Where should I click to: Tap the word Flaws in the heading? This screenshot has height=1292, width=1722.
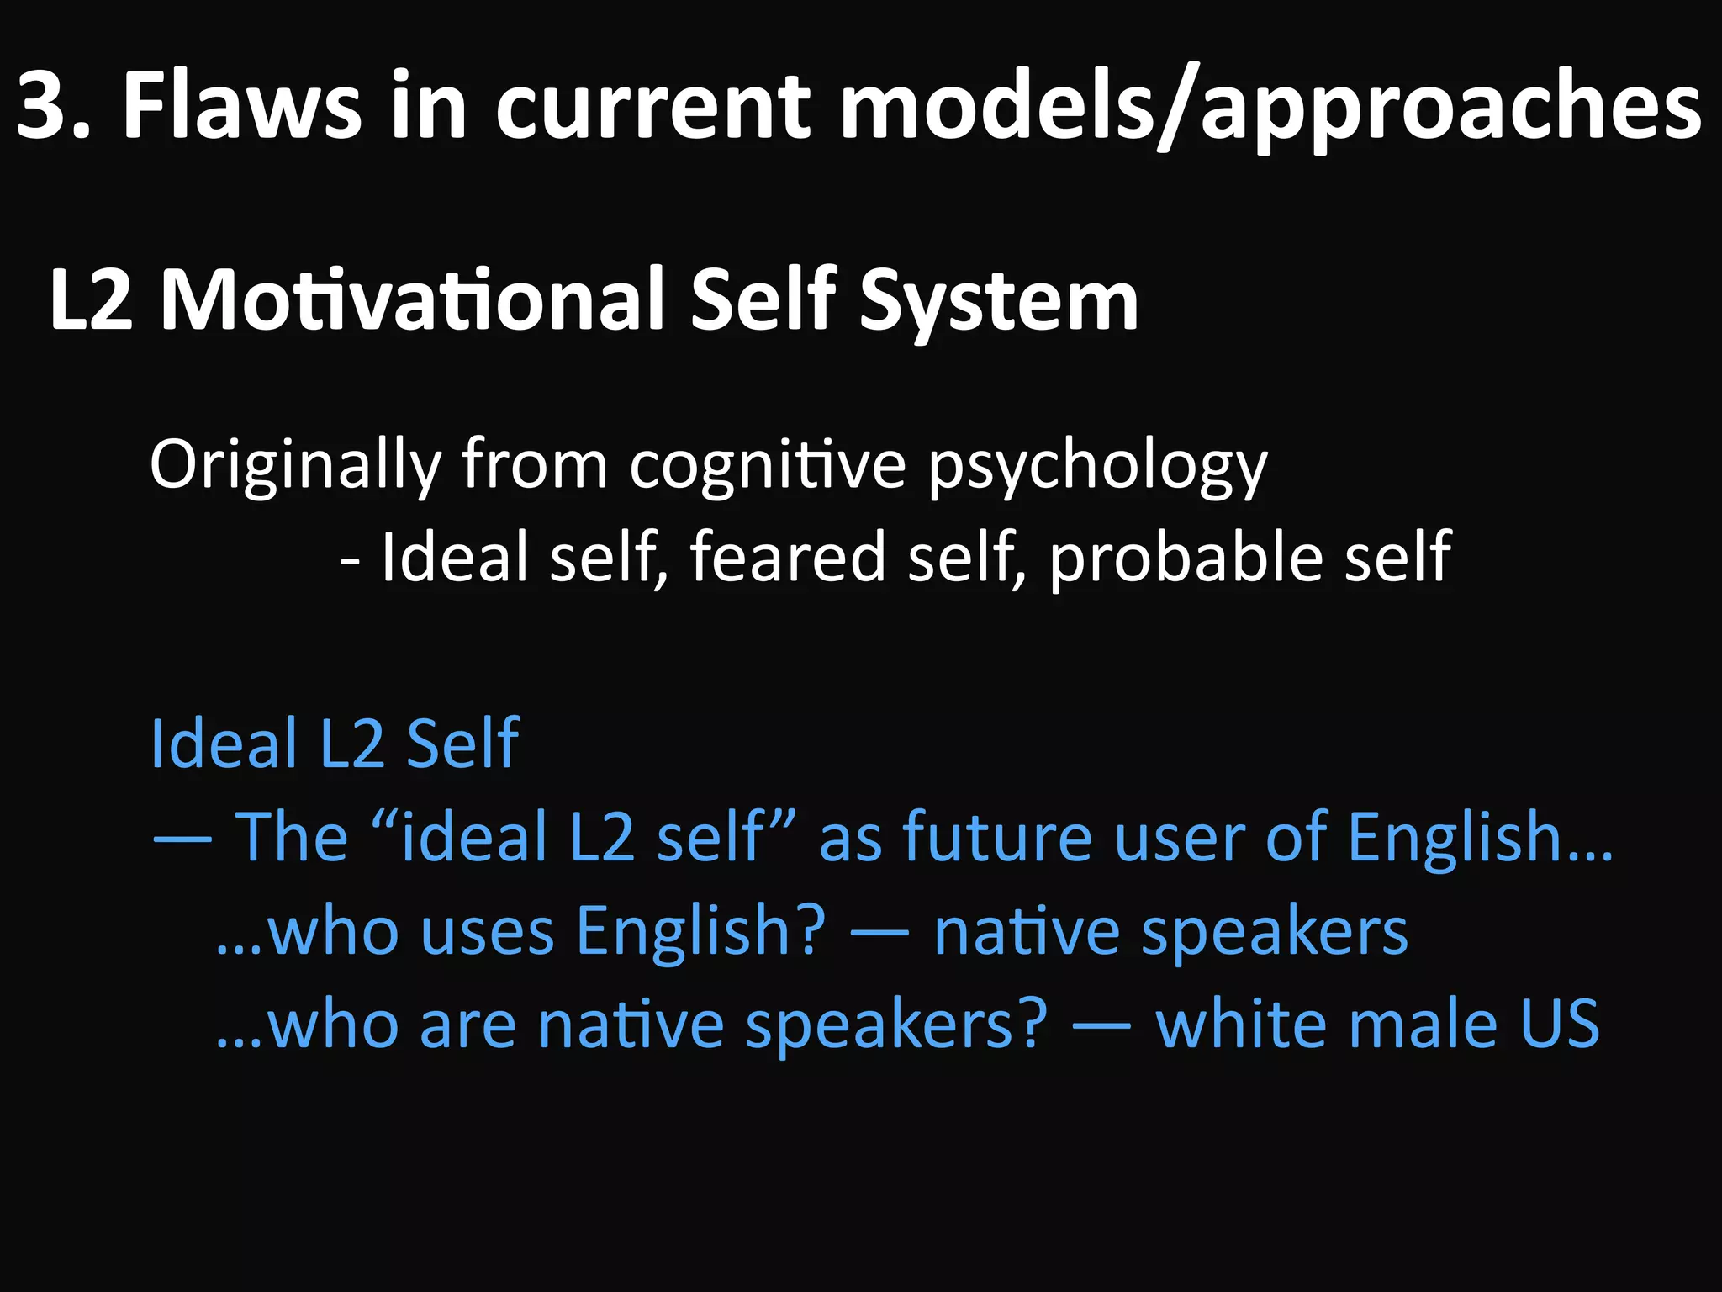click(242, 107)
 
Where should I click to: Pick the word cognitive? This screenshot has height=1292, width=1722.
click(768, 465)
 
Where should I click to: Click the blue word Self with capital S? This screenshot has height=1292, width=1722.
click(462, 744)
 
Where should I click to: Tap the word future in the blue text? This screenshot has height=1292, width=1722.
click(997, 838)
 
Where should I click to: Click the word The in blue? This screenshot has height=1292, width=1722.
click(291, 838)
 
